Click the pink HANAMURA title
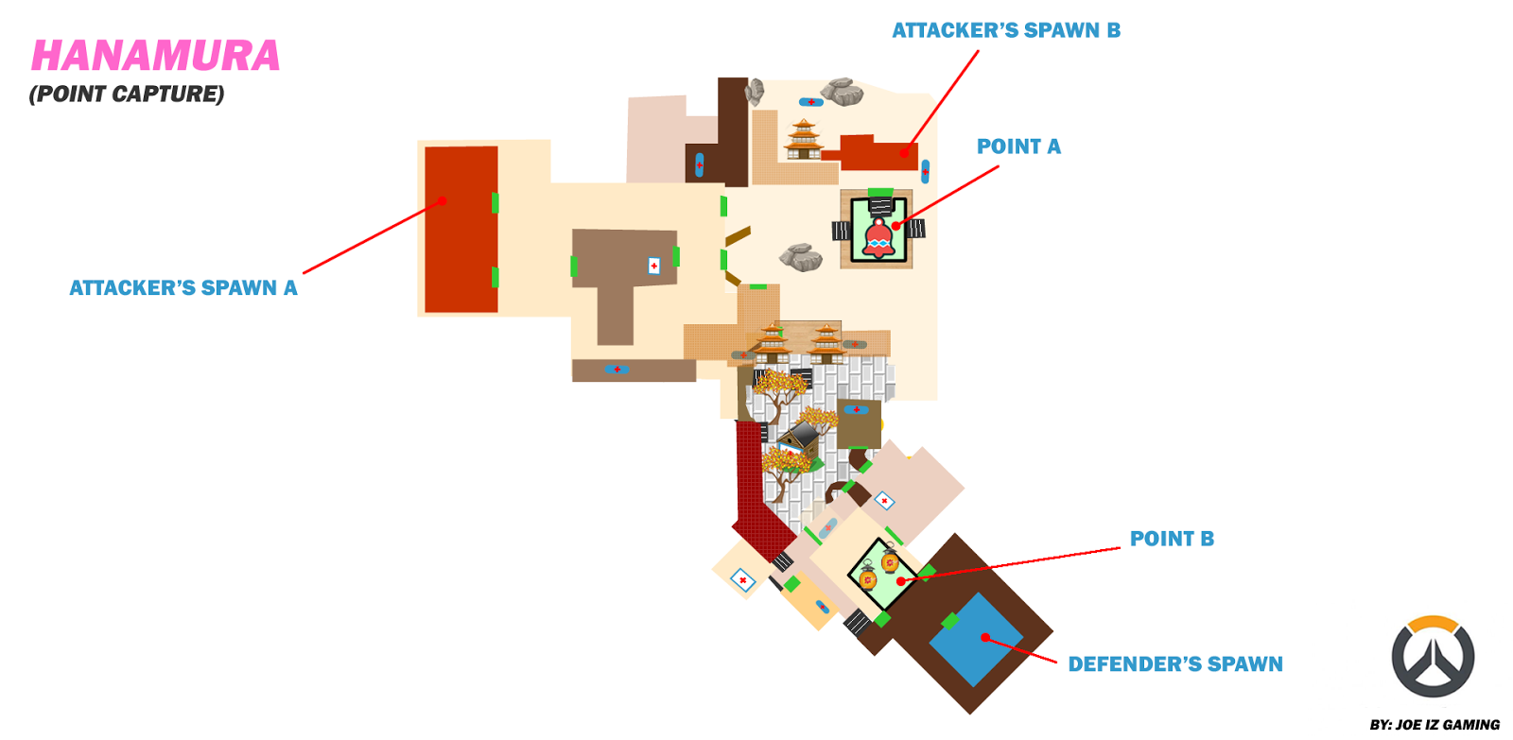point(156,56)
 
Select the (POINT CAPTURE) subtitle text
point(127,94)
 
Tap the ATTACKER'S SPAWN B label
point(1006,30)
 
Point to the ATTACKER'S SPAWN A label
point(183,287)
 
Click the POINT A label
point(1018,146)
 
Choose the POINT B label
point(1172,539)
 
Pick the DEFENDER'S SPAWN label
point(1175,664)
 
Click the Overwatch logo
point(1433,657)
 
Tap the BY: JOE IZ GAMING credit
point(1435,725)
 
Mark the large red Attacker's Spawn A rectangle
point(461,229)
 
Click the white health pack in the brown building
point(653,266)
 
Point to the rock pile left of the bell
point(801,256)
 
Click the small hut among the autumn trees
point(800,440)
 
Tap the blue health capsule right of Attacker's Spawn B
point(925,171)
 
